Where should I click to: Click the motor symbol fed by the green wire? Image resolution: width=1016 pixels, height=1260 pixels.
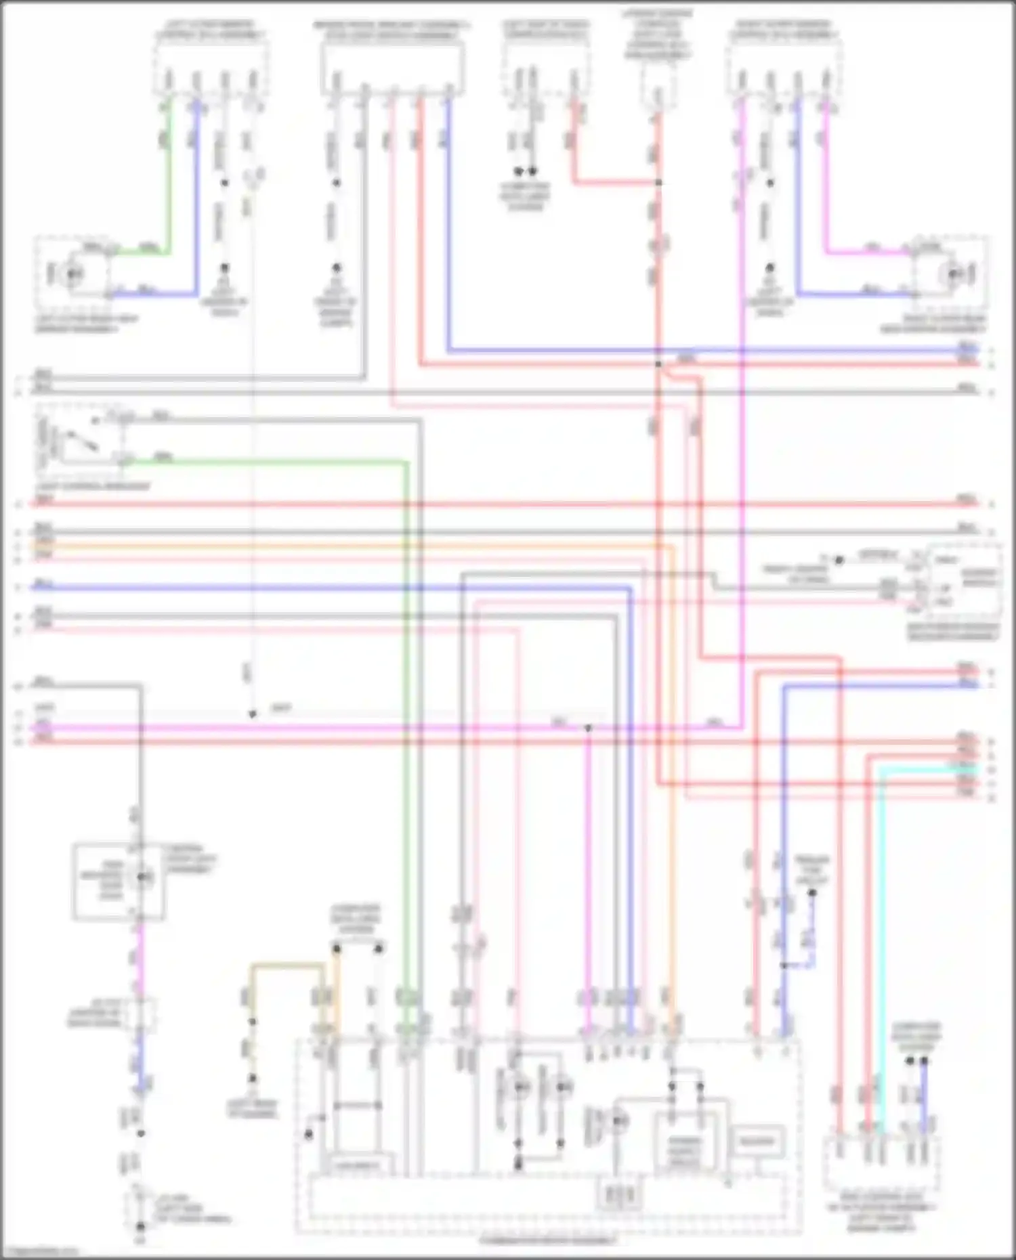72,274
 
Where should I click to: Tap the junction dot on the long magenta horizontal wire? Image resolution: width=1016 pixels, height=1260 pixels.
588,728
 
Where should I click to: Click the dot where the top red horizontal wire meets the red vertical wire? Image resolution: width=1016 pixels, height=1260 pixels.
658,364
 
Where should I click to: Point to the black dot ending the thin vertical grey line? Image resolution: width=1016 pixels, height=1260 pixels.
252,714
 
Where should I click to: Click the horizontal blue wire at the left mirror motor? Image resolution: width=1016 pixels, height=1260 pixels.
156,295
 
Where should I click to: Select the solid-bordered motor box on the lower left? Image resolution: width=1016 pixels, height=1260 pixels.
119,882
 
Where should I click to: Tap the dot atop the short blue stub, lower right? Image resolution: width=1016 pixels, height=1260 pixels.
812,893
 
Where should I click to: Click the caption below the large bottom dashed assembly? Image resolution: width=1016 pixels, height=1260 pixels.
549,1240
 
